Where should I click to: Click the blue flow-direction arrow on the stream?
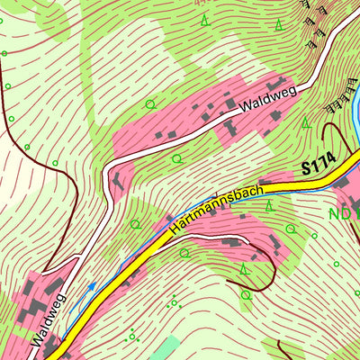pos(90,288)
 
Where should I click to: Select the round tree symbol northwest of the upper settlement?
pos(149,104)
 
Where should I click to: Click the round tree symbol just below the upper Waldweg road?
pos(176,158)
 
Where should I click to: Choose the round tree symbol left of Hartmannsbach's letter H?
pos(136,224)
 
